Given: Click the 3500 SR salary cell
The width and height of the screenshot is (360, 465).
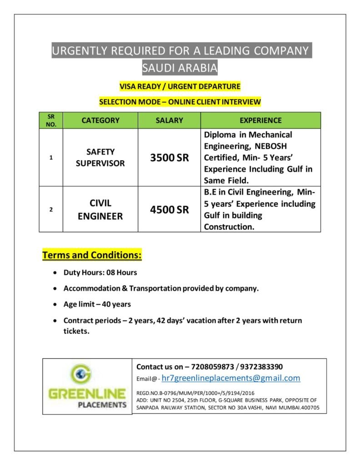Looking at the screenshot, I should (169, 158).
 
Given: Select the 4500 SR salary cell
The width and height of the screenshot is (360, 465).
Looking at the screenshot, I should (169, 210).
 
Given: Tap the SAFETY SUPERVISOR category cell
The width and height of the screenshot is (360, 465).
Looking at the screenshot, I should (100, 158).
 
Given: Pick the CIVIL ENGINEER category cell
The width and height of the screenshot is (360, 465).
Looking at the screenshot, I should (100, 210).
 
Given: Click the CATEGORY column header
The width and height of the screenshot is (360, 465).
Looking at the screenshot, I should (100, 120).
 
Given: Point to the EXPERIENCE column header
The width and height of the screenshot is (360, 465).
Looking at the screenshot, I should (260, 120).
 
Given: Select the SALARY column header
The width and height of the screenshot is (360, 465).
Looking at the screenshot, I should (169, 120).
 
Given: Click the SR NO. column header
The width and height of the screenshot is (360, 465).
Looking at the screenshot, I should (51, 120).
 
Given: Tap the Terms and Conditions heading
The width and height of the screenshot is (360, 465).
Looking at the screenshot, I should (92, 255).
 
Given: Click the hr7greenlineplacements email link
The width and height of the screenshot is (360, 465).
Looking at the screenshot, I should (231, 378).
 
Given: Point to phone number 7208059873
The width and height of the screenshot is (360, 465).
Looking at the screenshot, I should (213, 366).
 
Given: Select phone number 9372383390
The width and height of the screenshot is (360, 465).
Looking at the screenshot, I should (263, 366).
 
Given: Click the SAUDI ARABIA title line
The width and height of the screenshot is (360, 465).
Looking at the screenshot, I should (180, 68).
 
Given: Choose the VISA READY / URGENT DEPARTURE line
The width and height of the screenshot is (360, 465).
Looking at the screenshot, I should (180, 86).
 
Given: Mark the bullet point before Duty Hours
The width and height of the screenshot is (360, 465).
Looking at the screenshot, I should (55, 273).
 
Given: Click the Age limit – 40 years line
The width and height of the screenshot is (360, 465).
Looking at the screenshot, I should (97, 304).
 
